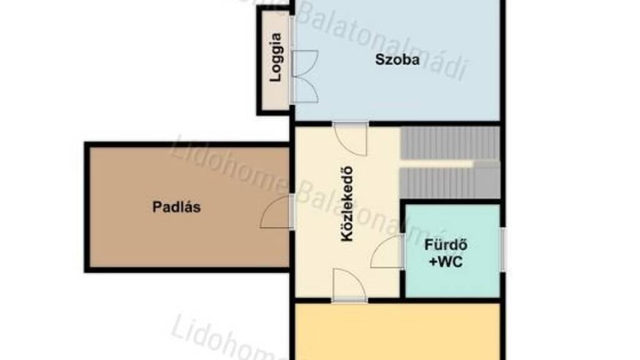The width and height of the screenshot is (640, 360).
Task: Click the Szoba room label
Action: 391,59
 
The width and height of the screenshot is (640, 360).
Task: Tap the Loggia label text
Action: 276,57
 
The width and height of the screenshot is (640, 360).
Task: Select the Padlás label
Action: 176,207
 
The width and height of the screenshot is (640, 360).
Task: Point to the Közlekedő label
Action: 347,204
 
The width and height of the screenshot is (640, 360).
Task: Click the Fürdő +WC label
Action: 446,253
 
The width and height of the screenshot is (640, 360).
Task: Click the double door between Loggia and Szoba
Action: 304,76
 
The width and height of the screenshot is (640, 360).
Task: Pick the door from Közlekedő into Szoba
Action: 350,138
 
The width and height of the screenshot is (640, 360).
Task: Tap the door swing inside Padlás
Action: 276,211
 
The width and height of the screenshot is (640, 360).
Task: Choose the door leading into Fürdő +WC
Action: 387,251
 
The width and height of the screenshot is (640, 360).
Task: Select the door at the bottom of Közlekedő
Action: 349,285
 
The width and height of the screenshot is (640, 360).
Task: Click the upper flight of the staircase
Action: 450,143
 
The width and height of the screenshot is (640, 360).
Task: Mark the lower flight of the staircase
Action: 437,183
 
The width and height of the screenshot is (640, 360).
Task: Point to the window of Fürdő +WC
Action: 503,249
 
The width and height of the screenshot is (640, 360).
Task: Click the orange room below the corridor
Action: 397,331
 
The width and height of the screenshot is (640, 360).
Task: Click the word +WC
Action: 446,262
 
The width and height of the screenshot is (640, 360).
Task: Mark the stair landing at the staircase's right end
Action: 487,179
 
